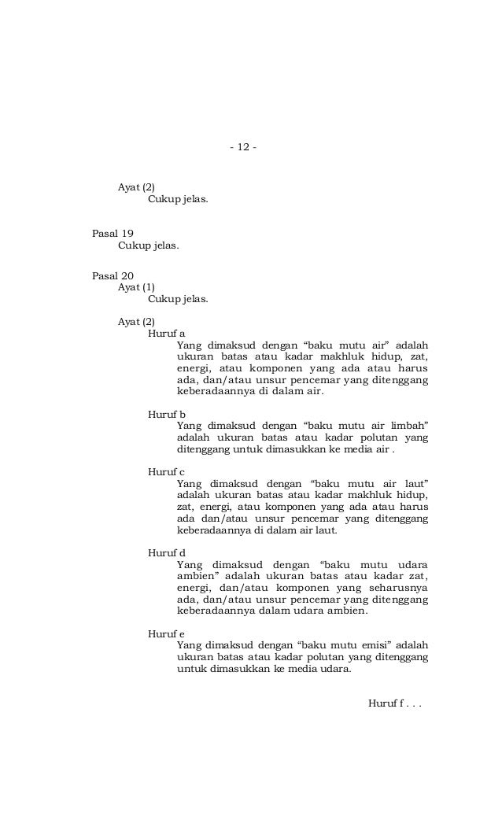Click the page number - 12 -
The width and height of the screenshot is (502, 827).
tap(243, 147)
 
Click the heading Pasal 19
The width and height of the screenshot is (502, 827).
tap(113, 234)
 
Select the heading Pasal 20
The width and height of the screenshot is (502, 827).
tap(113, 275)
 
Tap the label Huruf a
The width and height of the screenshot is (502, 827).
tap(166, 333)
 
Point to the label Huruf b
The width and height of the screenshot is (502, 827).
tap(166, 413)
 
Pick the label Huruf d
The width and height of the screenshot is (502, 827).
tap(166, 552)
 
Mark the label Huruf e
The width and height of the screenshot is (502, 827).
tap(166, 633)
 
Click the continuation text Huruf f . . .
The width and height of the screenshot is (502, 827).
tap(394, 702)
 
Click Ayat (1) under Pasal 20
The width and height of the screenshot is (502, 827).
tap(136, 287)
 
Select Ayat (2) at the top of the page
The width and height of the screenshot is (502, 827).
tap(136, 187)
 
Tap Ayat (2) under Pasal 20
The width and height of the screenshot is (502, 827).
tap(136, 321)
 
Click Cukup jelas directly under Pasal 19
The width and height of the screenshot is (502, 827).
tap(148, 246)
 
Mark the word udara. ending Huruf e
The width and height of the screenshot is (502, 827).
tap(333, 670)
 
